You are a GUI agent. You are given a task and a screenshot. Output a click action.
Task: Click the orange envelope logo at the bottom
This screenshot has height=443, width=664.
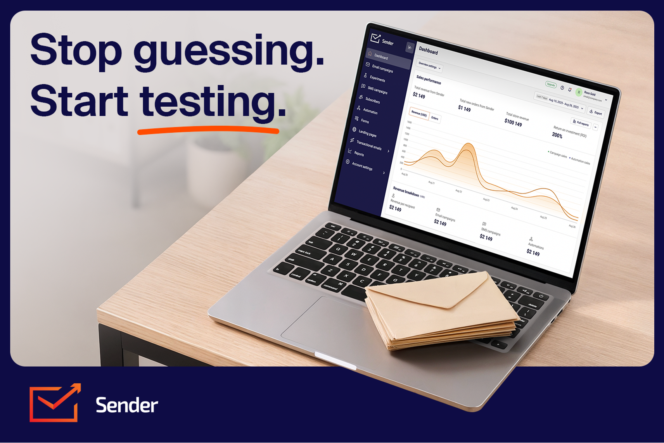pyautogui.click(x=55, y=403)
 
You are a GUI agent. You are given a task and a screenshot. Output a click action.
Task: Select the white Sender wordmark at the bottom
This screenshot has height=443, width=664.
pyautogui.click(x=126, y=405)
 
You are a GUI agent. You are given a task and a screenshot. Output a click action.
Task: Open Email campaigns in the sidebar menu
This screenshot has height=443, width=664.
pyautogui.click(x=382, y=69)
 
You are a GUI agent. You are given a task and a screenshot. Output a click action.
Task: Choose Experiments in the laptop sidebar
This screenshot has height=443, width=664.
pyautogui.click(x=377, y=79)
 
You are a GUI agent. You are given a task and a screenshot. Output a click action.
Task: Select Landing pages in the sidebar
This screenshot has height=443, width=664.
pyautogui.click(x=367, y=133)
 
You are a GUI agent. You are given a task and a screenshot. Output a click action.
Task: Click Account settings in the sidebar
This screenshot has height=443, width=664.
pyautogui.click(x=362, y=166)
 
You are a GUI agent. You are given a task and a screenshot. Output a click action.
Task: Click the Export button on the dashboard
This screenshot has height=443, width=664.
pyautogui.click(x=596, y=112)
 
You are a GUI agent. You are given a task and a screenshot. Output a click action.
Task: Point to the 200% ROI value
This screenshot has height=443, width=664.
pyautogui.click(x=557, y=135)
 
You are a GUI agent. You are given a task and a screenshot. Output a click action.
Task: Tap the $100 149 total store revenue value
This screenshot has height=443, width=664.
pyautogui.click(x=513, y=123)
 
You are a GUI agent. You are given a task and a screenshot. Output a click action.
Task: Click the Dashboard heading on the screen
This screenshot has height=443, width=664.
pyautogui.click(x=428, y=51)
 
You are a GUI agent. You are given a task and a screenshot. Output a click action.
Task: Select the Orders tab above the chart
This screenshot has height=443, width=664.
pyautogui.click(x=435, y=118)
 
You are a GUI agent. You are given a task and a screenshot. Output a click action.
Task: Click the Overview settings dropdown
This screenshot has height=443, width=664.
pyautogui.click(x=429, y=66)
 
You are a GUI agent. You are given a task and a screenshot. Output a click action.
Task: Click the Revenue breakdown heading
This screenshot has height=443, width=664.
pyautogui.click(x=406, y=191)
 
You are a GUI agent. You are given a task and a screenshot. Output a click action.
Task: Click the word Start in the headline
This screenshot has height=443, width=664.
pyautogui.click(x=79, y=102)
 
